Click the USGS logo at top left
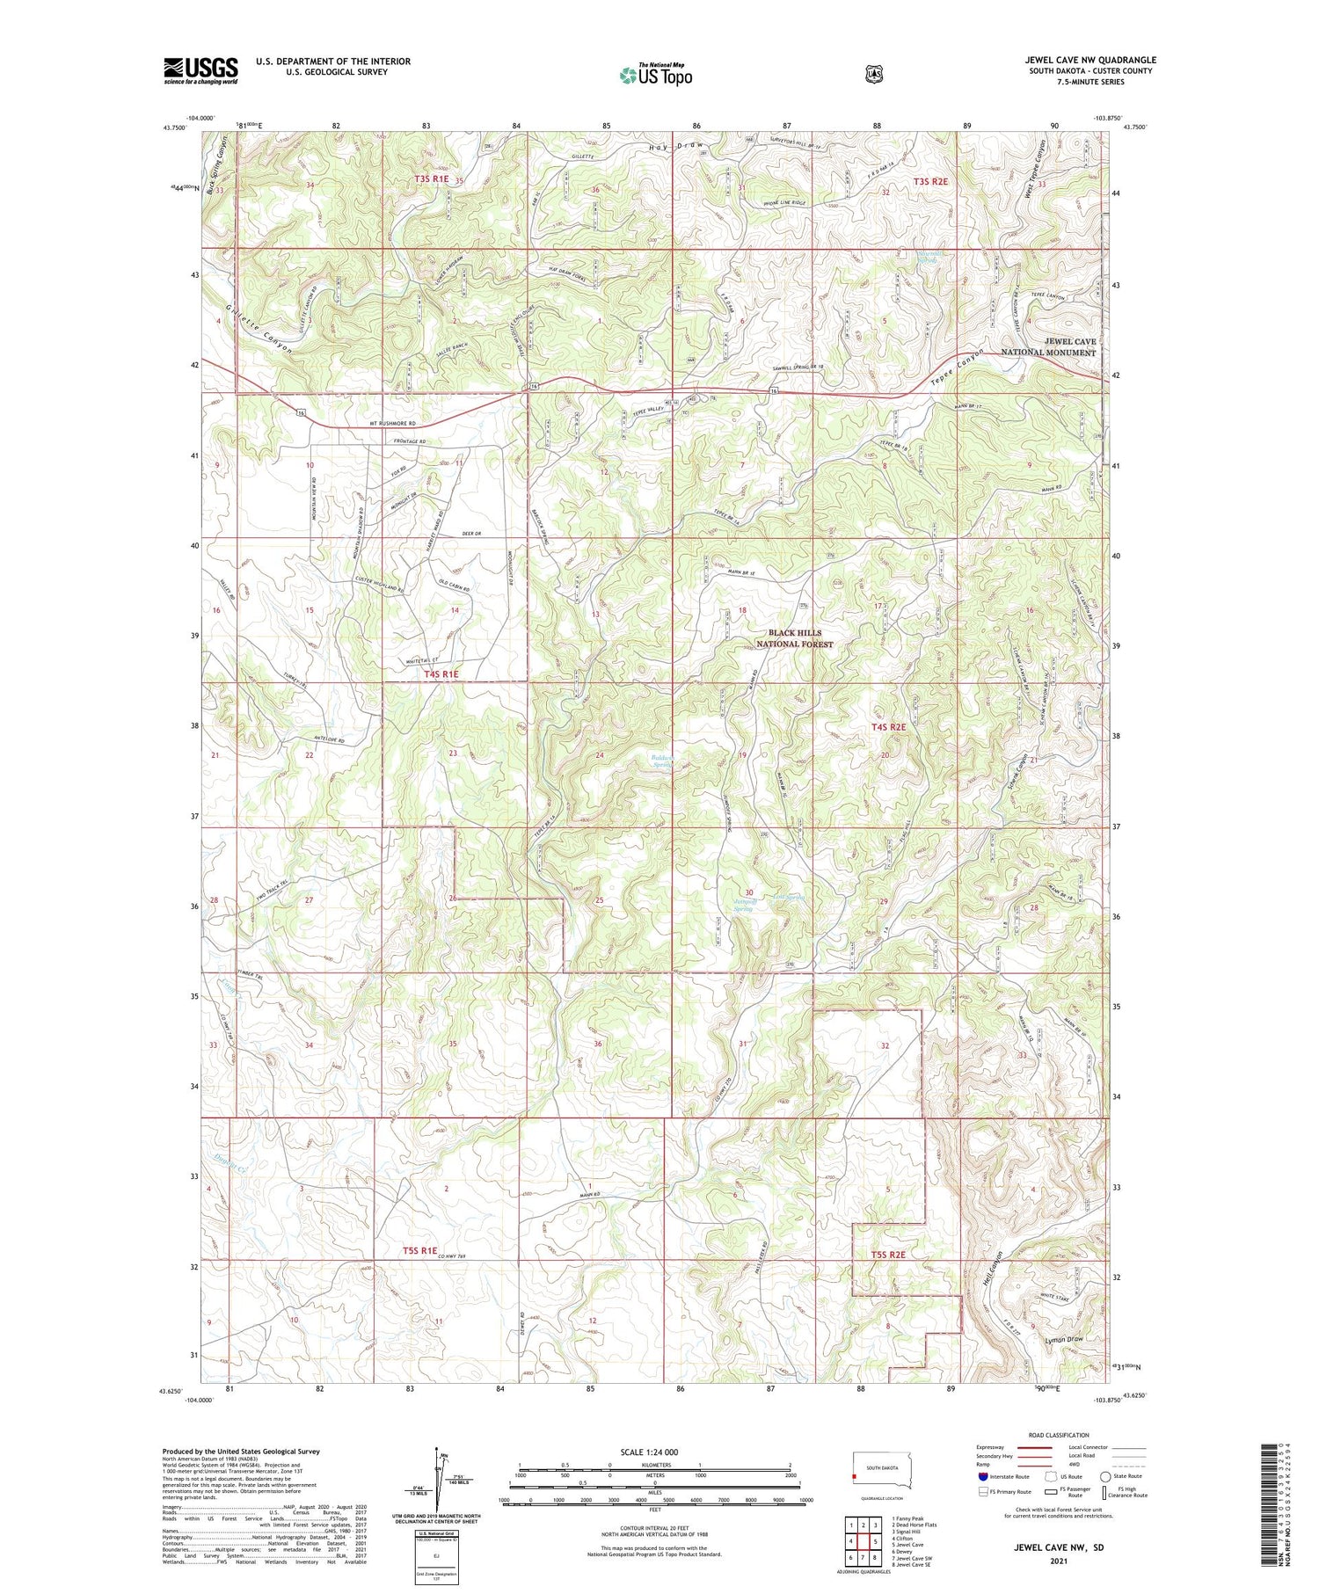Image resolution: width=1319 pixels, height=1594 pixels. (x=200, y=70)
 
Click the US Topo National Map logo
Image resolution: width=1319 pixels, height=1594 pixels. (x=655, y=76)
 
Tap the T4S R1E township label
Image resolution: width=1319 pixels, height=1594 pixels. (x=441, y=674)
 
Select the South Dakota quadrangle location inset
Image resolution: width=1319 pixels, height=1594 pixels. (x=879, y=1469)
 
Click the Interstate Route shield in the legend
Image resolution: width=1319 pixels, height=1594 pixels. (x=983, y=1476)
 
